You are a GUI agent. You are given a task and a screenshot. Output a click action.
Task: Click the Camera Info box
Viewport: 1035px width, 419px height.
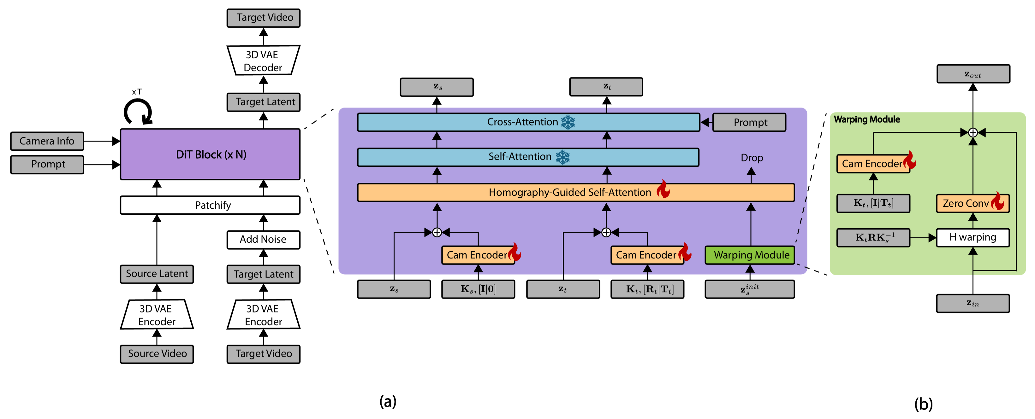pos(47,141)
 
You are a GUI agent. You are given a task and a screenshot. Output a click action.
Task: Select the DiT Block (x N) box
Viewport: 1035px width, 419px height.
pos(210,154)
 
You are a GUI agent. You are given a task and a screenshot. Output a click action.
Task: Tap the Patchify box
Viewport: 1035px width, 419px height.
pos(210,205)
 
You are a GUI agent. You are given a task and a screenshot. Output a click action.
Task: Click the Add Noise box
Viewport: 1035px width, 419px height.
pos(263,240)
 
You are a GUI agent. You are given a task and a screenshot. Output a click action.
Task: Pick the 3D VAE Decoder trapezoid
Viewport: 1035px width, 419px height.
pos(263,61)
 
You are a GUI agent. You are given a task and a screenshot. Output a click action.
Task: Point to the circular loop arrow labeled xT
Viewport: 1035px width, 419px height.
pos(138,112)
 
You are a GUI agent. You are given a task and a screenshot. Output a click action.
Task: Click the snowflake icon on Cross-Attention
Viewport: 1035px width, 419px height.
pos(568,122)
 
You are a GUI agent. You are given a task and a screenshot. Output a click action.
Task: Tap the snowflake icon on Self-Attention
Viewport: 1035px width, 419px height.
pos(562,157)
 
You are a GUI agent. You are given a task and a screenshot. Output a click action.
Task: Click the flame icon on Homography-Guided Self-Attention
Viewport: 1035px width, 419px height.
pos(663,189)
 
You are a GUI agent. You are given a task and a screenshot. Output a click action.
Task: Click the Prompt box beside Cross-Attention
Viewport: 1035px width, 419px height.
pos(749,122)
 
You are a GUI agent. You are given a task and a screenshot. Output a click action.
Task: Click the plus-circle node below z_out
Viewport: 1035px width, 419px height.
pos(973,132)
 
